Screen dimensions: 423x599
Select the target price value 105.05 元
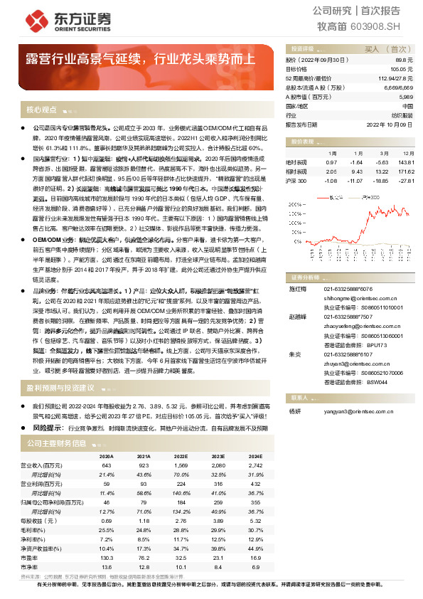(402, 69)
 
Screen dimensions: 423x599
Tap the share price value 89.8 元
(405, 61)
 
